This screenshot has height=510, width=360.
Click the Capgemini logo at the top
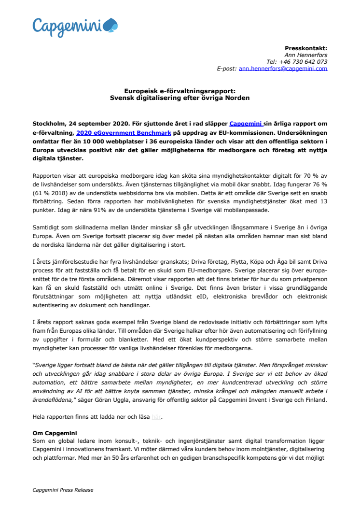(x=75, y=26)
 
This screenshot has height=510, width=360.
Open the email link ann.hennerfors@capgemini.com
(x=283, y=69)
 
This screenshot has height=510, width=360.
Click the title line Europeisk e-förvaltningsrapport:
(x=180, y=90)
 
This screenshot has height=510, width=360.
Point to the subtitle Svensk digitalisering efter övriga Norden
(x=180, y=97)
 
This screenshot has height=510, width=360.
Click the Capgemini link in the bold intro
(x=246, y=123)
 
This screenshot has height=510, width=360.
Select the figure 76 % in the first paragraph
(x=319, y=184)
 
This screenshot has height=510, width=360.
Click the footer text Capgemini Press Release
(x=63, y=490)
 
